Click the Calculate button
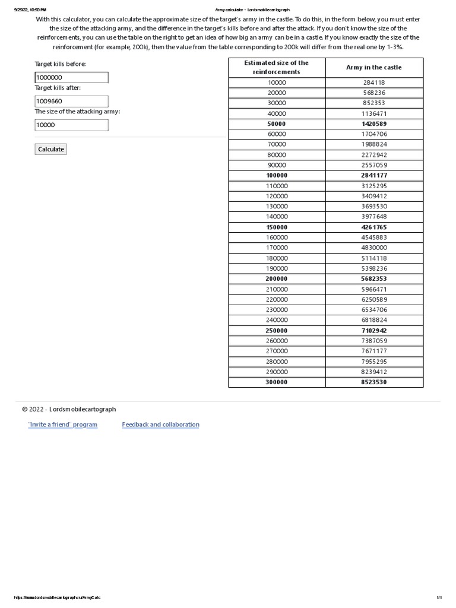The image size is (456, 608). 50,149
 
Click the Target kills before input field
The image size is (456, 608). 71,77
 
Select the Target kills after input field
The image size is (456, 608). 71,101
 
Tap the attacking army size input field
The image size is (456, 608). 71,125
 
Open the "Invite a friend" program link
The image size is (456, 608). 62,425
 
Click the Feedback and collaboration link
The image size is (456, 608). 160,425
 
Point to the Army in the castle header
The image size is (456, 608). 373,67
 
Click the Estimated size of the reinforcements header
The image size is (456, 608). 276,67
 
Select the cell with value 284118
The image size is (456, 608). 374,83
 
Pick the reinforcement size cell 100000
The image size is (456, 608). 276,175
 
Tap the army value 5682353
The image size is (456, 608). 374,278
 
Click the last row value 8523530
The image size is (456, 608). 374,382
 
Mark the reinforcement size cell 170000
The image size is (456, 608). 276,248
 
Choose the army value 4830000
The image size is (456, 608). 374,248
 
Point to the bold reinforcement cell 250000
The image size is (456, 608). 276,330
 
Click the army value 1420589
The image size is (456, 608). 374,123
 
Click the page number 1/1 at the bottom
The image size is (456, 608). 439,597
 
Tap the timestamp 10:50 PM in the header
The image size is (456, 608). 36,10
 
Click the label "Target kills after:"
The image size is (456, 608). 58,88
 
